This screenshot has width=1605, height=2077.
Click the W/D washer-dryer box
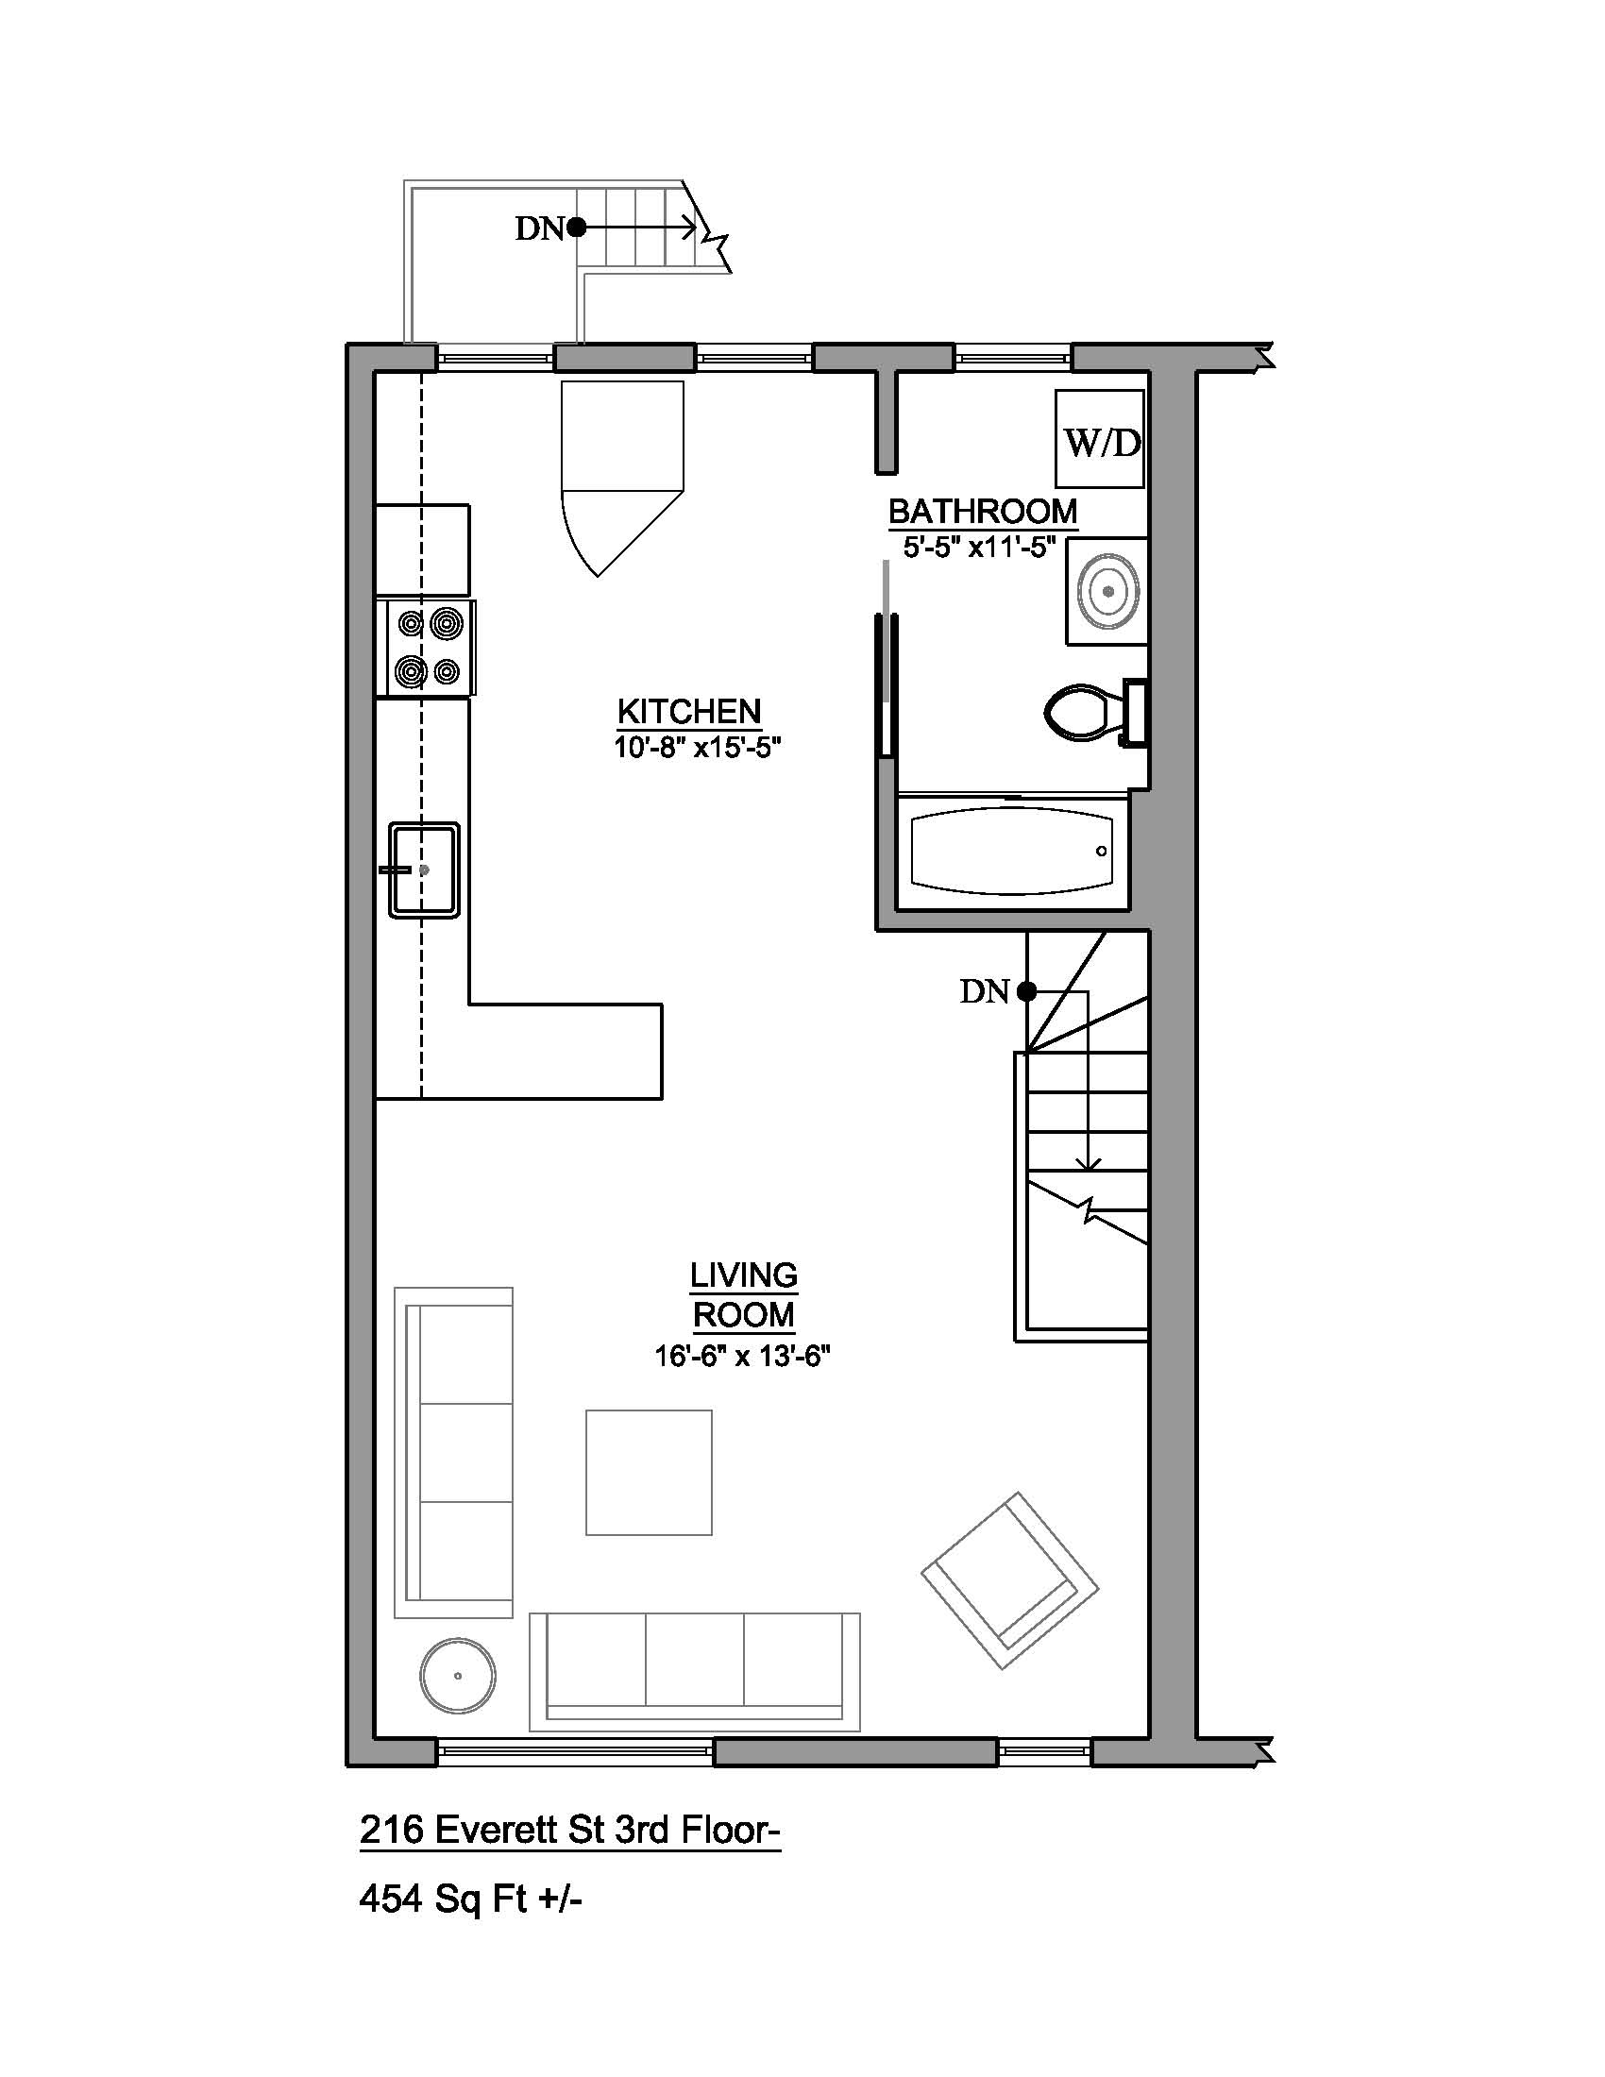click(1099, 438)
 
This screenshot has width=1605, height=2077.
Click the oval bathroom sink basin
click(1107, 592)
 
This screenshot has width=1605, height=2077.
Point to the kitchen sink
click(424, 870)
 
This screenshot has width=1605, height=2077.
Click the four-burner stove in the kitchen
click(426, 649)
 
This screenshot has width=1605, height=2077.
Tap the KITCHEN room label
click(689, 711)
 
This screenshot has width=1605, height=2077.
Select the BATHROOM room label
click(983, 512)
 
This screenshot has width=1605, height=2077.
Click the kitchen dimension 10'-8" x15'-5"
click(697, 748)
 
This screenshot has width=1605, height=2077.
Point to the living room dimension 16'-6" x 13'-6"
click(743, 1356)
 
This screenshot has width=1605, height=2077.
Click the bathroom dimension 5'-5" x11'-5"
click(980, 548)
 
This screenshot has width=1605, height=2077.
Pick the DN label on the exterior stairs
click(540, 228)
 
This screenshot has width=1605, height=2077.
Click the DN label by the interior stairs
click(984, 992)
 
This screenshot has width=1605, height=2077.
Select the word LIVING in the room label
click(744, 1275)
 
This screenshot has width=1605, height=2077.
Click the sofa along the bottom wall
click(694, 1672)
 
